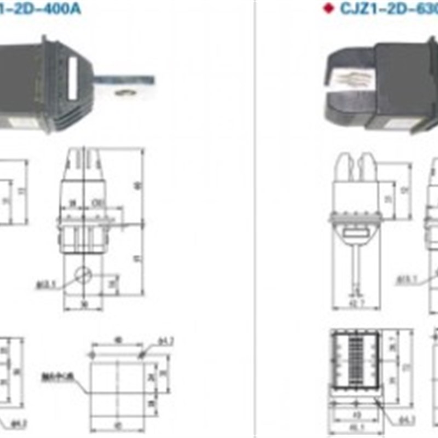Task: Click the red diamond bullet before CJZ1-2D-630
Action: pyautogui.click(x=328, y=9)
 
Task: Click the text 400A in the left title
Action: pyautogui.click(x=66, y=9)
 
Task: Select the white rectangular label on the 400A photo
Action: pyautogui.click(x=72, y=79)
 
